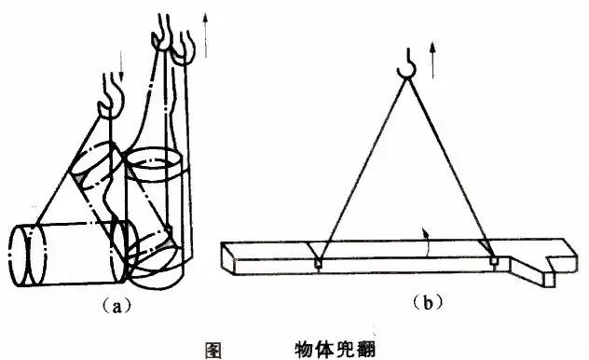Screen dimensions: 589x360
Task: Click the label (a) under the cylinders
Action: pyautogui.click(x=117, y=306)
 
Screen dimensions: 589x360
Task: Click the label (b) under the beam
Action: pyautogui.click(x=428, y=302)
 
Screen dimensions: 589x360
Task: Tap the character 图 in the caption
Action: pyautogui.click(x=213, y=351)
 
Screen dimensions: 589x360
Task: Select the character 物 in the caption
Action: pyautogui.click(x=304, y=351)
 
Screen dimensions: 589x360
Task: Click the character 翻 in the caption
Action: pyautogui.click(x=366, y=351)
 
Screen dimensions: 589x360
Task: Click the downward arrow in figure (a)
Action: pyautogui.click(x=120, y=65)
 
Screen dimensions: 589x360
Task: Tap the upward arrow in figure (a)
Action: pyautogui.click(x=205, y=35)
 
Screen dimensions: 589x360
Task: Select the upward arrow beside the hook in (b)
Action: pyautogui.click(x=432, y=60)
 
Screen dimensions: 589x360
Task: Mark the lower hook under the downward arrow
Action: pyautogui.click(x=110, y=96)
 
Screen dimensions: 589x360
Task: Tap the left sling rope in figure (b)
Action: pyautogui.click(x=362, y=169)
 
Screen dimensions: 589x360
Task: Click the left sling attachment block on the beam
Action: pyautogui.click(x=318, y=263)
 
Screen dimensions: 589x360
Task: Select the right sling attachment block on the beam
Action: pyautogui.click(x=495, y=261)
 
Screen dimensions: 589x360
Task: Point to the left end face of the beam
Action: pyautogui.click(x=228, y=259)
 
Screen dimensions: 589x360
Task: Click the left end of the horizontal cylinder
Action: pyautogui.click(x=19, y=256)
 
